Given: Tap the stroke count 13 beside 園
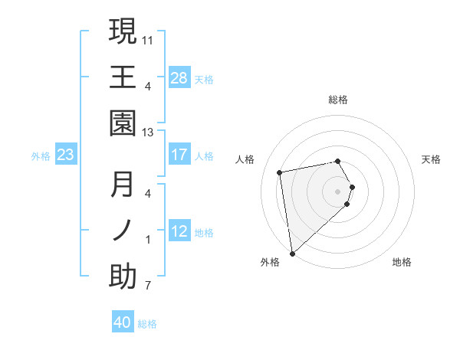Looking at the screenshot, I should [x=149, y=132].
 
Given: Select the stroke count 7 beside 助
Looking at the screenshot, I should [x=148, y=286].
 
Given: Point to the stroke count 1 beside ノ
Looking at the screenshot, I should [x=148, y=240].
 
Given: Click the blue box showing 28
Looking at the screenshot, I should [x=179, y=77].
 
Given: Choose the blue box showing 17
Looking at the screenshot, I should [x=179, y=155].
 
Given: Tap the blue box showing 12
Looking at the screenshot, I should [x=179, y=231].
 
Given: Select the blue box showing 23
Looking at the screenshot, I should [x=65, y=155].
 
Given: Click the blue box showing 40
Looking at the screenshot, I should [x=123, y=322].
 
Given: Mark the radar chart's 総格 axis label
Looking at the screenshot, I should [x=338, y=100].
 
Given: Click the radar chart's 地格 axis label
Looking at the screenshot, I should [x=402, y=262].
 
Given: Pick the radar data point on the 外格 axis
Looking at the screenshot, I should [x=292, y=254].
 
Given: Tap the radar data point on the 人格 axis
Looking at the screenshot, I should [x=280, y=172].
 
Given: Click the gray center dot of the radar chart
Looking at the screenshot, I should [x=338, y=191].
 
